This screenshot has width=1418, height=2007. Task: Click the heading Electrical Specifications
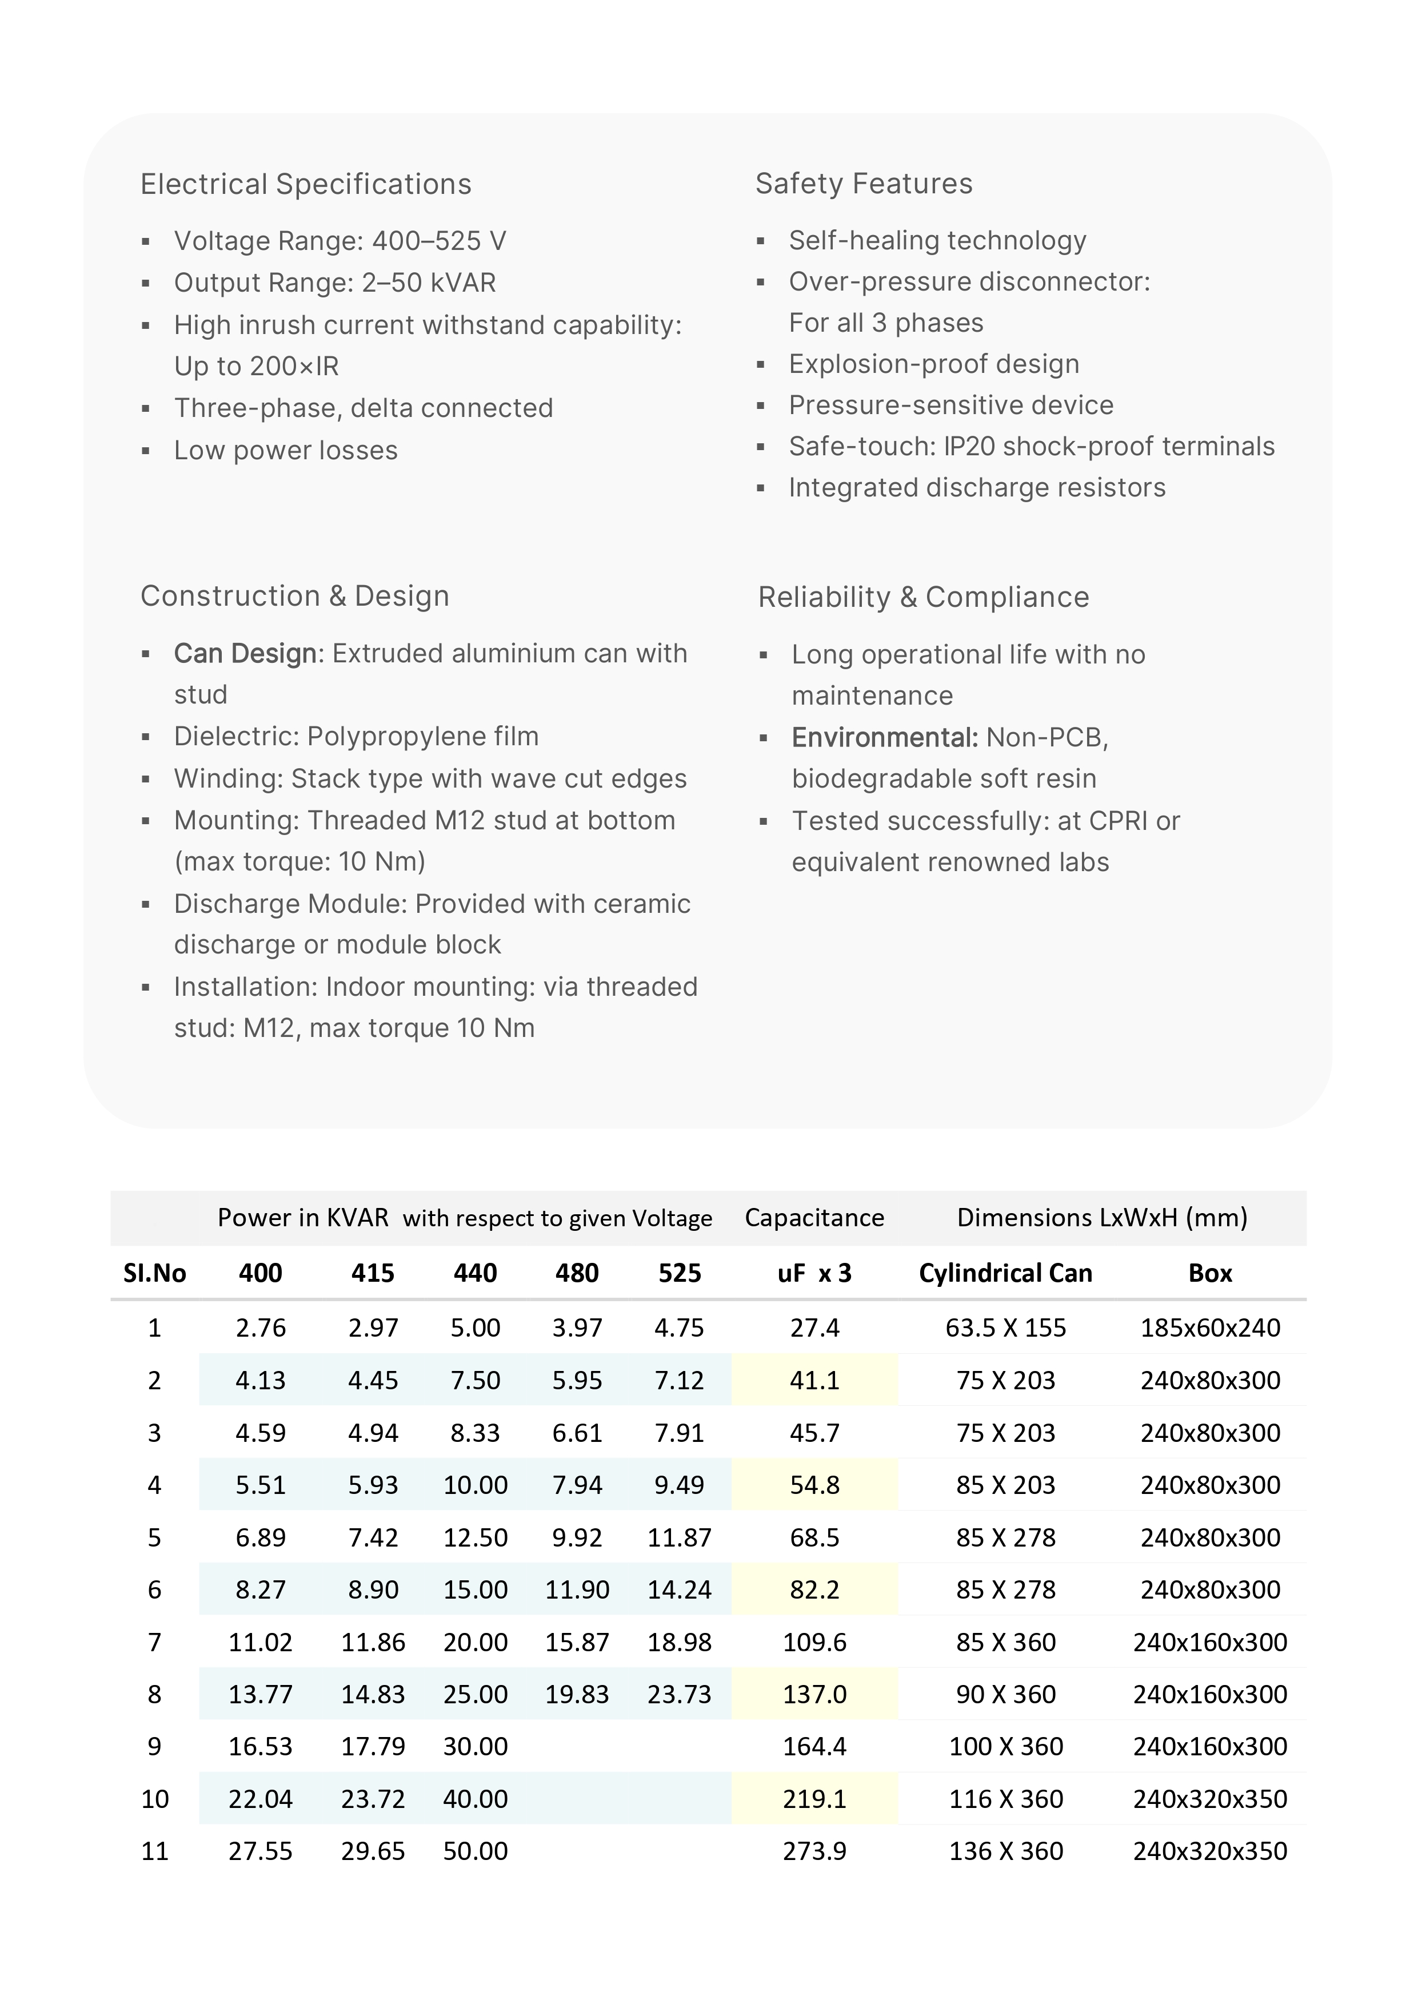pyautogui.click(x=306, y=184)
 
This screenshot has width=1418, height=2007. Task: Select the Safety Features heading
pyautogui.click(x=863, y=184)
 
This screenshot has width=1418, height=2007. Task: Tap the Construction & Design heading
pyautogui.click(x=294, y=596)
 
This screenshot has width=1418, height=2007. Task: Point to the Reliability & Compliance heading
pyautogui.click(x=924, y=597)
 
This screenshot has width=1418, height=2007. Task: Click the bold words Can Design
pyautogui.click(x=245, y=654)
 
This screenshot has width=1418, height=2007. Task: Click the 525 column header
pyautogui.click(x=679, y=1273)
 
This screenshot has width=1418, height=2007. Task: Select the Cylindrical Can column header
pyautogui.click(x=1005, y=1273)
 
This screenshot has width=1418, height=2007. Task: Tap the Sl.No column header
pyautogui.click(x=155, y=1273)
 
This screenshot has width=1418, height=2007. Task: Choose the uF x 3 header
pyautogui.click(x=814, y=1273)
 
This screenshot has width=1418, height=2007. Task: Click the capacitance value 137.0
pyautogui.click(x=814, y=1694)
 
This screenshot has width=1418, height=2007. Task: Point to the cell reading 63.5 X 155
pyautogui.click(x=1005, y=1328)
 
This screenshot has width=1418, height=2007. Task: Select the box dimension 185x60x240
pyautogui.click(x=1210, y=1328)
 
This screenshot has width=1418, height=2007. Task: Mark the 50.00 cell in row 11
pyautogui.click(x=476, y=1850)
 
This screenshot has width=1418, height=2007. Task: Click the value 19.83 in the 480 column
pyautogui.click(x=577, y=1694)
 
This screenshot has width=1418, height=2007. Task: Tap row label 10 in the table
pyautogui.click(x=155, y=1799)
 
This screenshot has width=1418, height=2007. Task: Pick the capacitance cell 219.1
pyautogui.click(x=814, y=1799)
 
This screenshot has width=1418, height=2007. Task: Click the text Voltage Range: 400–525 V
pyautogui.click(x=340, y=241)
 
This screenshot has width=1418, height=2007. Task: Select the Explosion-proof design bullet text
pyautogui.click(x=934, y=364)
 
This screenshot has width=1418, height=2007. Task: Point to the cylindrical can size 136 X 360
pyautogui.click(x=1005, y=1850)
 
